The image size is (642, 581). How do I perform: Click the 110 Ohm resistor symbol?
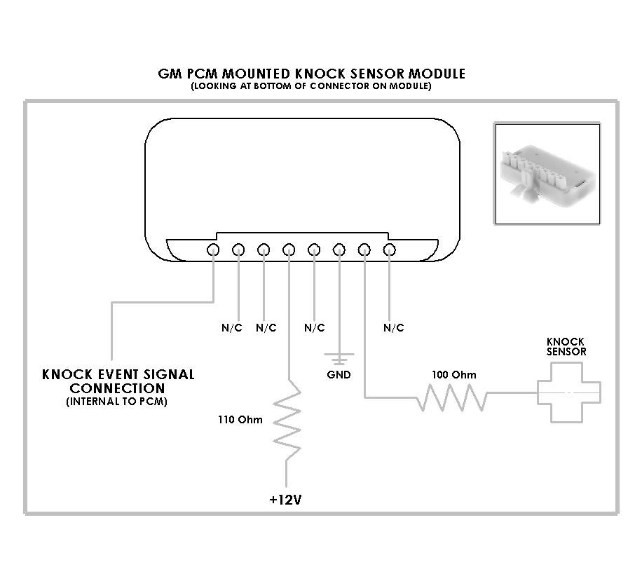287,421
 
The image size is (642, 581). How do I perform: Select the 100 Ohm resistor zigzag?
452,397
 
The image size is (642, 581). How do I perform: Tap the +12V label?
285,500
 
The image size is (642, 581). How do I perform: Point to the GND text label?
339,375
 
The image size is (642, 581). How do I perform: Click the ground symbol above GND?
339,359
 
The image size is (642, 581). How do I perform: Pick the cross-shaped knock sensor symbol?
568,393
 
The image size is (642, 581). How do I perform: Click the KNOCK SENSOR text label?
566,346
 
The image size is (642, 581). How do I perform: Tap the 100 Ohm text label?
454,375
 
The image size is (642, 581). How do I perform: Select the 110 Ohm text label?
240,420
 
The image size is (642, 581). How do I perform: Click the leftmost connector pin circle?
213,250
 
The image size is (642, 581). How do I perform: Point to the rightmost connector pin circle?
390,250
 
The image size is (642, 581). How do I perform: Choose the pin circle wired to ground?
339,250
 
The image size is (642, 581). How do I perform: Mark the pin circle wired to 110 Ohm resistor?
289,250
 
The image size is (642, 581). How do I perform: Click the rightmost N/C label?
393,327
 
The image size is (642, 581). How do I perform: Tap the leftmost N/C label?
232,327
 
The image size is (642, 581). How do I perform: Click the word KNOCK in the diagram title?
320,74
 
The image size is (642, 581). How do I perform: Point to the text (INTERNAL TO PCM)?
116,402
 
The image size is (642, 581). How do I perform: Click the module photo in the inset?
547,174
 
